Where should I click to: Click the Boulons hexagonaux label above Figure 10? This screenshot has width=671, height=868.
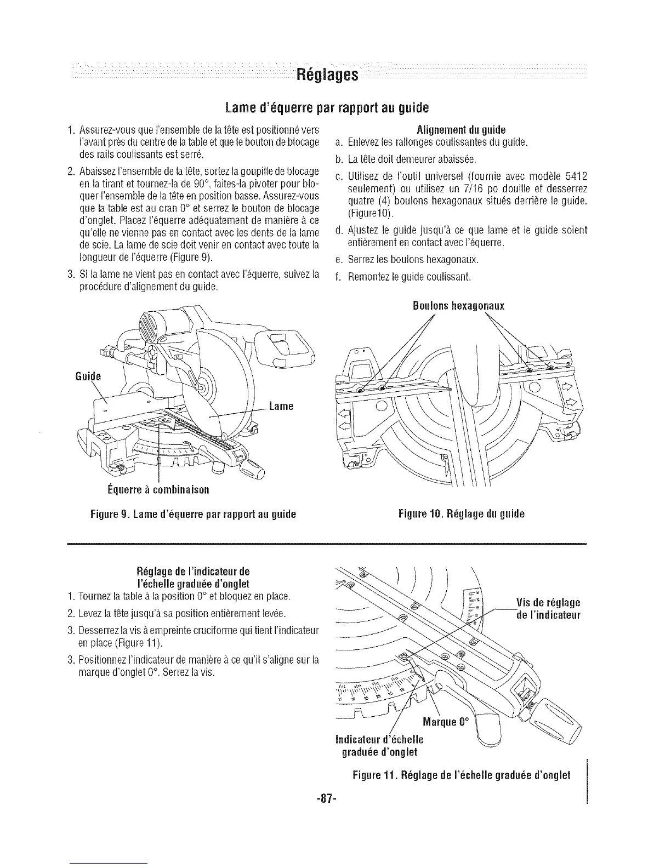(458, 306)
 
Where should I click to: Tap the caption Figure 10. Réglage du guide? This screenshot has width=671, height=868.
(462, 514)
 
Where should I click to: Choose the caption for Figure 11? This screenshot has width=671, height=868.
(462, 775)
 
